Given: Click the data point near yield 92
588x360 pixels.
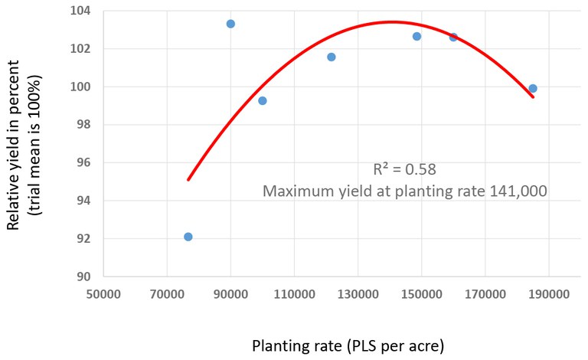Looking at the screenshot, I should pyautogui.click(x=188, y=237).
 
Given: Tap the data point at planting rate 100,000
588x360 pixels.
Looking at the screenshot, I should pyautogui.click(x=263, y=100).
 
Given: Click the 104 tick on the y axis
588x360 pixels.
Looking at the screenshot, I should pyautogui.click(x=80, y=11).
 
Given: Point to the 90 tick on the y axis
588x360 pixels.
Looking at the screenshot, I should pyautogui.click(x=83, y=277).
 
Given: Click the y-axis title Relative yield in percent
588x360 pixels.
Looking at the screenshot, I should pyautogui.click(x=14, y=146).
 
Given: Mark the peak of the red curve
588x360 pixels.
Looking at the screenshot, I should pyautogui.click(x=392, y=21).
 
